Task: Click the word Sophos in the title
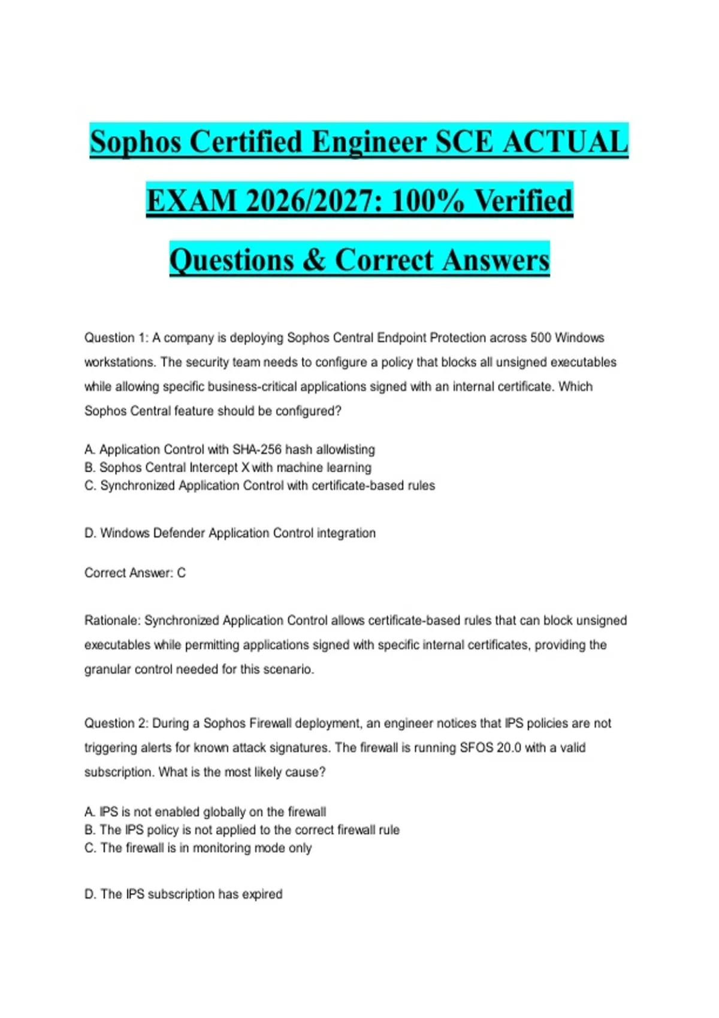135,143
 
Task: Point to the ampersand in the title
314,260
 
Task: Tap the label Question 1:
116,338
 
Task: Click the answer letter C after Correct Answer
182,573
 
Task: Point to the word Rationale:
112,621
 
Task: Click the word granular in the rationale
108,669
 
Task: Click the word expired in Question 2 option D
262,894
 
